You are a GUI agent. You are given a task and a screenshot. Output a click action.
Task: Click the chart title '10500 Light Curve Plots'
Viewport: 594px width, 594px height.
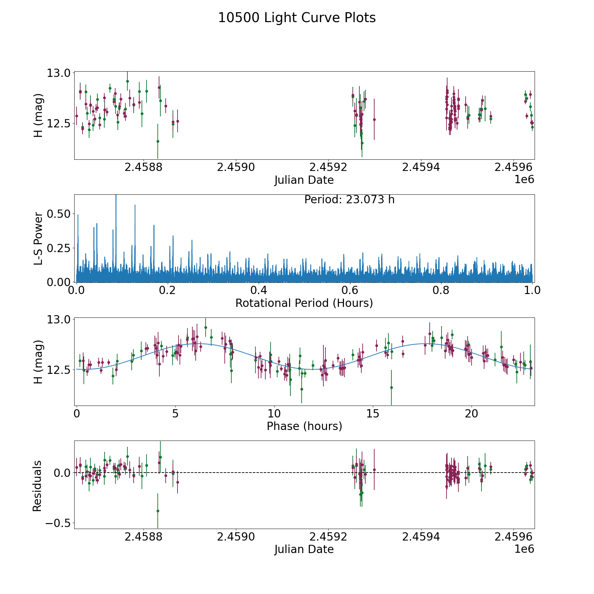(297, 18)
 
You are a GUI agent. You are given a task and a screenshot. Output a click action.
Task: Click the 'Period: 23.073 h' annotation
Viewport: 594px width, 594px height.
(349, 200)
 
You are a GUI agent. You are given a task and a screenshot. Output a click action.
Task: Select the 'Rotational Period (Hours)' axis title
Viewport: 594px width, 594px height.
(304, 303)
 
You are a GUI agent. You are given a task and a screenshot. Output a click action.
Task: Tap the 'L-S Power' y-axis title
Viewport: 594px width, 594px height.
(38, 238)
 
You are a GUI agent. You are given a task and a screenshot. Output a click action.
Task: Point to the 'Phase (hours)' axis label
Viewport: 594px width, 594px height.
(304, 426)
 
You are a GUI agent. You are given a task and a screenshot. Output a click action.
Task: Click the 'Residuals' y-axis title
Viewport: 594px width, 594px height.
(37, 486)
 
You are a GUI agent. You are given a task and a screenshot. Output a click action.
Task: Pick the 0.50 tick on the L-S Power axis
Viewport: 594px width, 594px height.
(59, 214)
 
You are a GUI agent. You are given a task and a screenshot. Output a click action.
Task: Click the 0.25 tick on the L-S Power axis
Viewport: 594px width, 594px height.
(59, 248)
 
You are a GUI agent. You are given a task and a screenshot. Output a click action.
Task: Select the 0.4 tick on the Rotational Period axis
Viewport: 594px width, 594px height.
(259, 290)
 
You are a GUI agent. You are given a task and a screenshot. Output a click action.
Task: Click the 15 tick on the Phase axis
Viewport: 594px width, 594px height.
(373, 413)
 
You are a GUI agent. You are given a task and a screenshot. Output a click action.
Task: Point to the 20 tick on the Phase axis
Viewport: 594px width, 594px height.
(471, 413)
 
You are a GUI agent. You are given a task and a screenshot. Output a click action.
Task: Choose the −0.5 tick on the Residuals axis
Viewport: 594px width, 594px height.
(55, 523)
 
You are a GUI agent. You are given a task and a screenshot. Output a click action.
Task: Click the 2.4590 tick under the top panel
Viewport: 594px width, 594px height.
(236, 167)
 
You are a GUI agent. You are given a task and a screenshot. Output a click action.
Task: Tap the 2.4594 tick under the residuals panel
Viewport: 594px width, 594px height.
(421, 537)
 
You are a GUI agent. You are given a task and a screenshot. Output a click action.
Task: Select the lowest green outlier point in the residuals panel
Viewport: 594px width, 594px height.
(158, 511)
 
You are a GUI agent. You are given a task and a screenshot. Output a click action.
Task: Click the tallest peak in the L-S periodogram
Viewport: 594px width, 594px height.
(116, 197)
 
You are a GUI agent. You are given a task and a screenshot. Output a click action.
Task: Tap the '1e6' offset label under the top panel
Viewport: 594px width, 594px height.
(524, 180)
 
